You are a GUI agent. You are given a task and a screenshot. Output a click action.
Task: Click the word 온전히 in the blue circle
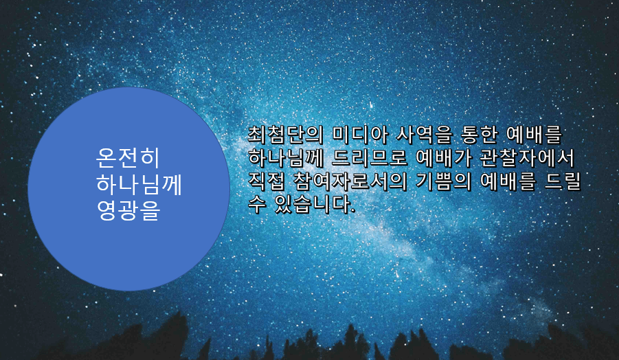pyautogui.click(x=128, y=158)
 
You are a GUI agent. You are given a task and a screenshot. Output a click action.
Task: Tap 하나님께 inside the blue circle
pyautogui.click(x=139, y=184)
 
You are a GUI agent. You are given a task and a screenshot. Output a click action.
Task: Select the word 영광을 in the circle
pyautogui.click(x=128, y=210)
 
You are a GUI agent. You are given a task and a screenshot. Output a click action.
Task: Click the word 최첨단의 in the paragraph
pyautogui.click(x=285, y=135)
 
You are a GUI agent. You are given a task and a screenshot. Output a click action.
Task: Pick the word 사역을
pyautogui.click(x=425, y=135)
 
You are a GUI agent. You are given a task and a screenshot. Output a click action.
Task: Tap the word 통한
pyautogui.click(x=480, y=135)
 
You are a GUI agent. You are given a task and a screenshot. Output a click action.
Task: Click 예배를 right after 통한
pyautogui.click(x=534, y=135)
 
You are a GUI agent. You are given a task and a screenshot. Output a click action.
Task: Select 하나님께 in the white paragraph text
pyautogui.click(x=285, y=158)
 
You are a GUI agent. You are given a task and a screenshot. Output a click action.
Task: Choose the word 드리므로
pyautogui.click(x=370, y=158)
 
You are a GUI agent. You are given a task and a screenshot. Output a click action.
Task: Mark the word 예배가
pyautogui.click(x=444, y=158)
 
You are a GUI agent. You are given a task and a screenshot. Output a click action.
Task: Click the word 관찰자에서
pyautogui.click(x=527, y=158)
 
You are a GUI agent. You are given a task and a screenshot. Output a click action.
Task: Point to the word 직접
pyautogui.click(x=267, y=181)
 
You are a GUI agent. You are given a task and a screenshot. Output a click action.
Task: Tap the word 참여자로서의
pyautogui.click(x=350, y=181)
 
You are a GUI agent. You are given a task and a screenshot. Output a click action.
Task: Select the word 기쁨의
pyautogui.click(x=444, y=181)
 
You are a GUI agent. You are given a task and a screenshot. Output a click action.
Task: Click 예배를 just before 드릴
pyautogui.click(x=508, y=181)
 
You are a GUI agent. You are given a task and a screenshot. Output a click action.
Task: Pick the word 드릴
pyautogui.click(x=563, y=181)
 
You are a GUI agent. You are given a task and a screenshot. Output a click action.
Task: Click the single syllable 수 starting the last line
pyautogui.click(x=257, y=205)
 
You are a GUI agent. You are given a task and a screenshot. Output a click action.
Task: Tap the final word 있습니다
pyautogui.click(x=315, y=205)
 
